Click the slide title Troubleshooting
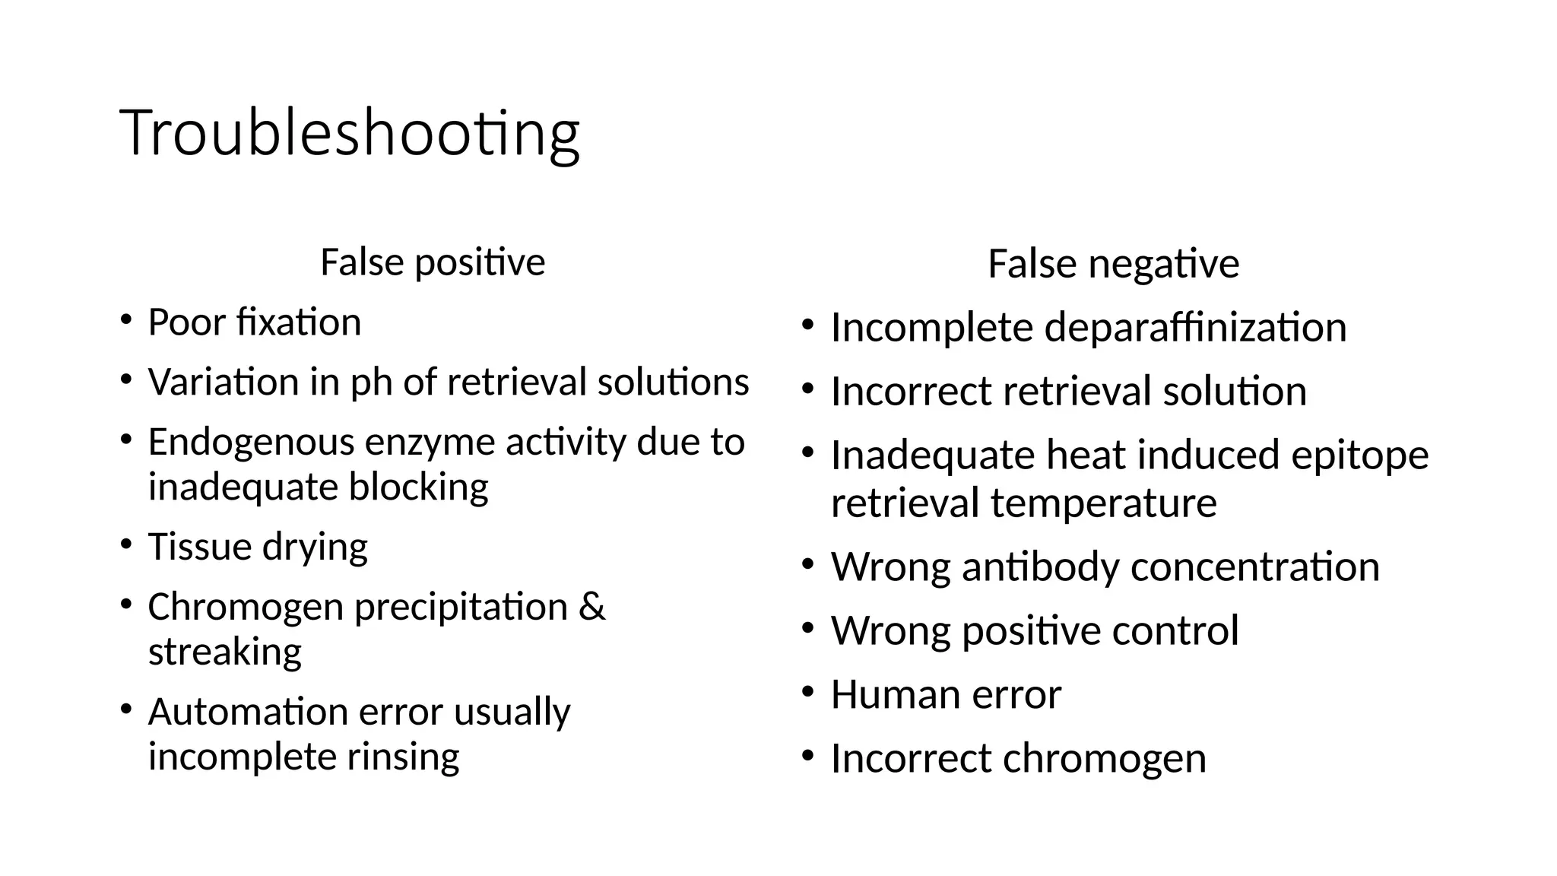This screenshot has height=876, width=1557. tap(350, 134)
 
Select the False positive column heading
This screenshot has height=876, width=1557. tap(433, 262)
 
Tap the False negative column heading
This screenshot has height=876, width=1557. tap(1113, 265)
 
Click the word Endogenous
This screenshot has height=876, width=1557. tap(251, 443)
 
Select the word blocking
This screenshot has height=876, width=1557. tap(418, 487)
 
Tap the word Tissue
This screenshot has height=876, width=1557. tap(198, 547)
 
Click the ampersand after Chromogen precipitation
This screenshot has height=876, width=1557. tap(591, 607)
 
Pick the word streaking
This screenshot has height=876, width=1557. tap(224, 652)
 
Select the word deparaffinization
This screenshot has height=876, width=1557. tap(1195, 328)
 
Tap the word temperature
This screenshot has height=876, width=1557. tap(1103, 503)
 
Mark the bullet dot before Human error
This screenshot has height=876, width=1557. tap(807, 692)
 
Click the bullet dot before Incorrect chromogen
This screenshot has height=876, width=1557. tap(807, 756)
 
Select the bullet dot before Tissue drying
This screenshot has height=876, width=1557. tap(125, 544)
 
